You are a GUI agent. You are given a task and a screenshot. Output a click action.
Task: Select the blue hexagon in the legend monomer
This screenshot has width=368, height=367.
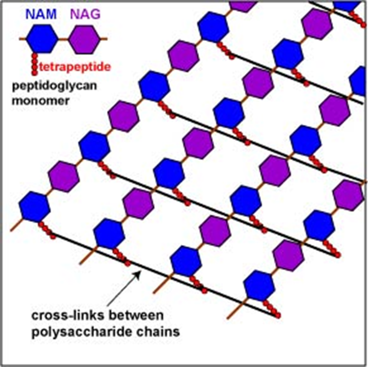[x=42, y=38]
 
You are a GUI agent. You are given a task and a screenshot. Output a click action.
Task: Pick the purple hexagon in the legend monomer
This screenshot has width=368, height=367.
[x=84, y=39]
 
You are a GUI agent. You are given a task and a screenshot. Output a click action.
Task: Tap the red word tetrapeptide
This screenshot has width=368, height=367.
[x=75, y=67]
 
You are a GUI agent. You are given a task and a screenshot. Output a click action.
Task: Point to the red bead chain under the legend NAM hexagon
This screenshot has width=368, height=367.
[x=34, y=64]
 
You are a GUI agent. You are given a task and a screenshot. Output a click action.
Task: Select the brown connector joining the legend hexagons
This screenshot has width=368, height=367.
[x=63, y=38]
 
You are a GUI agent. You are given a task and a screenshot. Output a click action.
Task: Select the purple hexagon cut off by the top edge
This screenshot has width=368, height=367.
[x=243, y=5]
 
